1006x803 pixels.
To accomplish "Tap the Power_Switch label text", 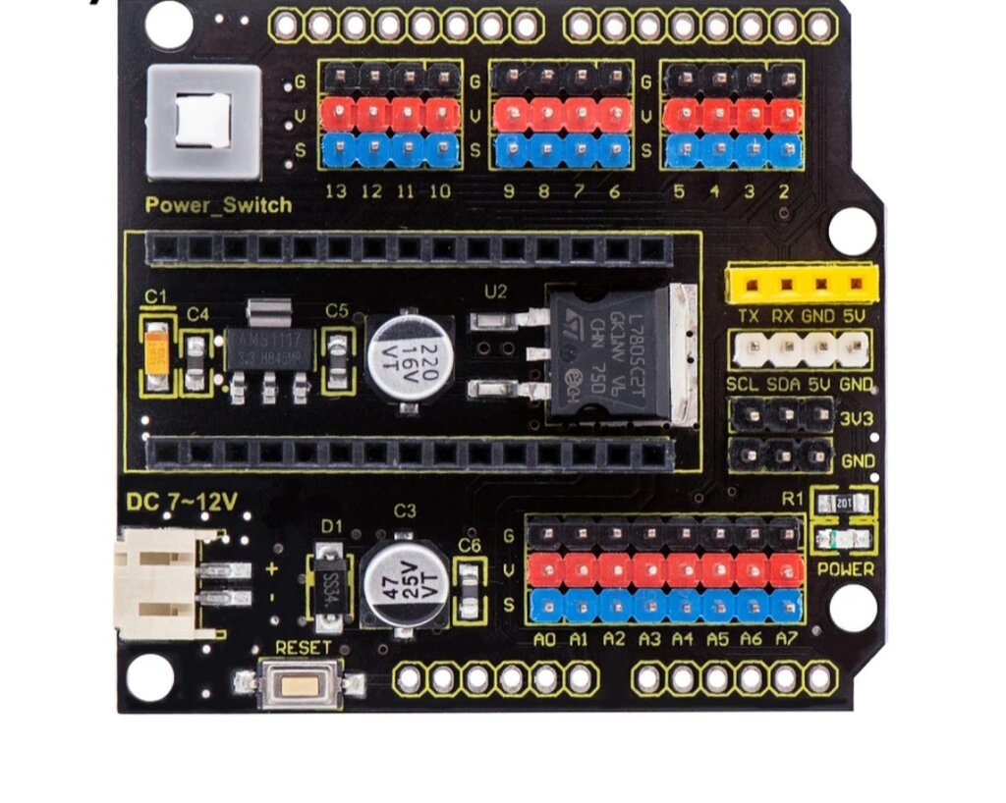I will tap(218, 205).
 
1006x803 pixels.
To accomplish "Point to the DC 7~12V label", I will tap(182, 503).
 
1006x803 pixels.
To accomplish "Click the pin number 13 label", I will tap(336, 191).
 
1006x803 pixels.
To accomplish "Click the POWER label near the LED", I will tap(845, 568).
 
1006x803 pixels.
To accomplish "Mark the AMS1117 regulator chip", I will tap(268, 349).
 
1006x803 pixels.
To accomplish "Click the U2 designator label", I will tap(496, 292).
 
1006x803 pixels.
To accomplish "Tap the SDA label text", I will tap(783, 384).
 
